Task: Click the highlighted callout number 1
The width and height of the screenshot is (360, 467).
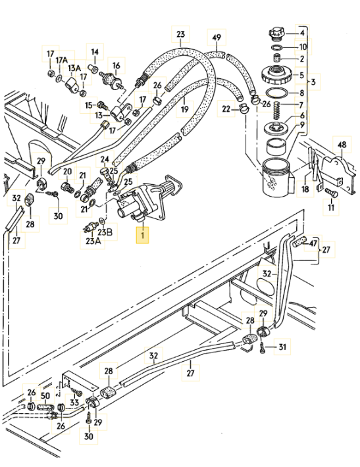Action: point(142,235)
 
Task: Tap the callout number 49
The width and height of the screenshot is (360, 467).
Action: point(217,37)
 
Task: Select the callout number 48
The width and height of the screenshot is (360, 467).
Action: point(342,145)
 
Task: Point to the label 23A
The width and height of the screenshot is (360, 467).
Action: point(93,241)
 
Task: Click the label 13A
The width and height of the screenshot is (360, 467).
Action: point(74,68)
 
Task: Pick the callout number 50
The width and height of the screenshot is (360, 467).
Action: point(45,396)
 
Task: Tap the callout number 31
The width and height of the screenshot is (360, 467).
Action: point(282,347)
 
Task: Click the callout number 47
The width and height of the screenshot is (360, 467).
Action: point(313,243)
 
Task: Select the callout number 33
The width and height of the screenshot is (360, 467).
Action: point(74,403)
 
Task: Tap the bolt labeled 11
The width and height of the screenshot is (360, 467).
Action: point(331,193)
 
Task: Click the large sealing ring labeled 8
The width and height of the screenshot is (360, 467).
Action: point(277,93)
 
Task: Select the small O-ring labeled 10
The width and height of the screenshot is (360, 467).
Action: point(277,47)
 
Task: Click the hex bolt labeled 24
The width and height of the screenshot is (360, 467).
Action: point(105,174)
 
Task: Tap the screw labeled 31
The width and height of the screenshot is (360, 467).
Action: point(263,348)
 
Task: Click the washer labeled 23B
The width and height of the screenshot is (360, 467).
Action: point(102,221)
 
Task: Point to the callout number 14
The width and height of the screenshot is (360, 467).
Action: point(95,52)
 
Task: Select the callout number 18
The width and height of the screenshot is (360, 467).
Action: point(305,189)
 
